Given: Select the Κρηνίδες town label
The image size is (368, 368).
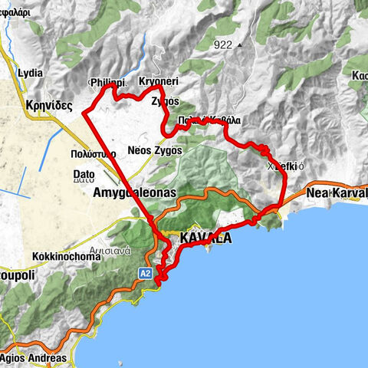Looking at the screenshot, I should [x=48, y=105].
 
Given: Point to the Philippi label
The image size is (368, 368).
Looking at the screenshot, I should [x=107, y=82].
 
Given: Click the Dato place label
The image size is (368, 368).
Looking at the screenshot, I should [x=84, y=175].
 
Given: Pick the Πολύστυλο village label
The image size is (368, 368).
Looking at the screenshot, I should [x=96, y=154].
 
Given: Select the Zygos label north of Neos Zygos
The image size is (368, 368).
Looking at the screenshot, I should [x=166, y=100].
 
